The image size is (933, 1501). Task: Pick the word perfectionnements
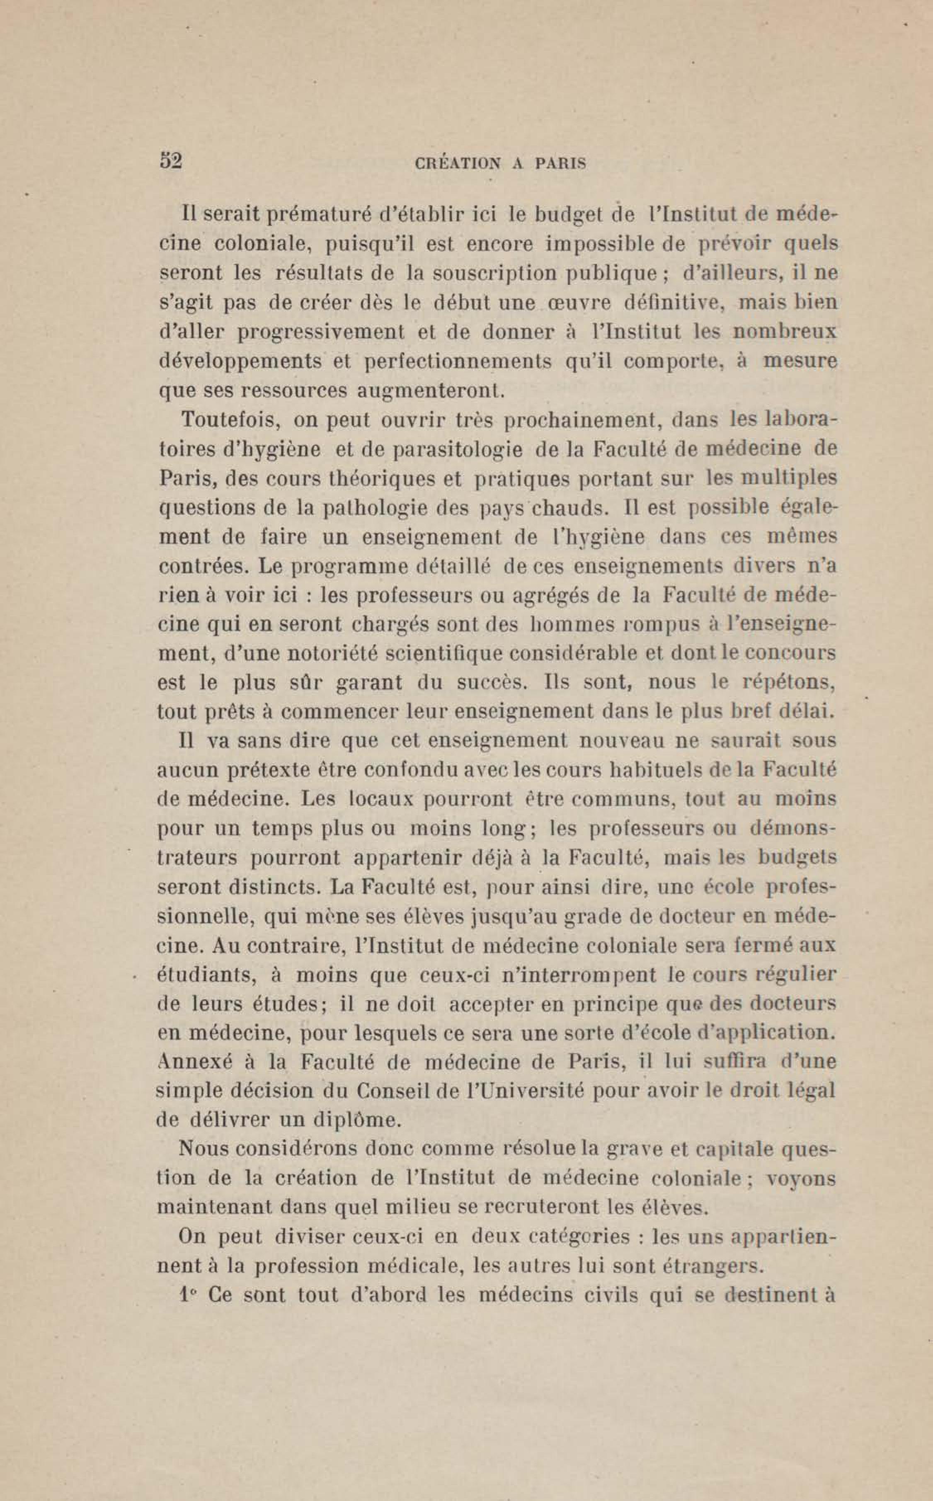tap(458, 361)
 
